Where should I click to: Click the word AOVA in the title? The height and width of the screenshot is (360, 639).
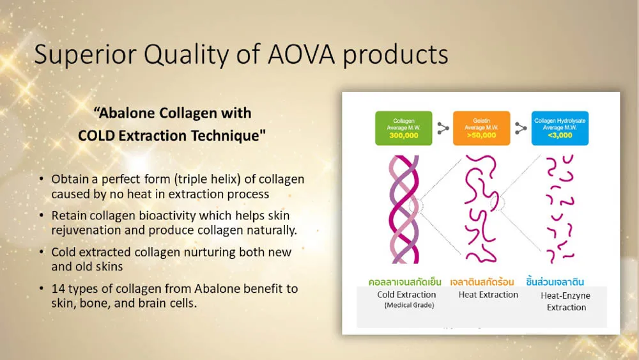pyautogui.click(x=301, y=54)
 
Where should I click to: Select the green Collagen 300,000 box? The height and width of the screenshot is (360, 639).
pyautogui.click(x=403, y=128)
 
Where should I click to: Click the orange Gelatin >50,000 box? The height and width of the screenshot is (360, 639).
pyautogui.click(x=481, y=128)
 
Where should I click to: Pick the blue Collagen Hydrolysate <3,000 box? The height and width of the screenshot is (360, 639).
pyautogui.click(x=560, y=128)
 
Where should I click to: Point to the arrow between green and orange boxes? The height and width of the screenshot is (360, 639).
pyautogui.click(x=443, y=128)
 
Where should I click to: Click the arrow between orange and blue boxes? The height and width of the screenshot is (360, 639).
pyautogui.click(x=520, y=128)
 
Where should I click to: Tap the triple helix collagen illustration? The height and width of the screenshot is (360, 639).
pyautogui.click(x=404, y=209)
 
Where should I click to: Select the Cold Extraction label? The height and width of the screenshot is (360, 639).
pyautogui.click(x=406, y=294)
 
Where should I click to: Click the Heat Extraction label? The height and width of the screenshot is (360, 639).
pyautogui.click(x=488, y=294)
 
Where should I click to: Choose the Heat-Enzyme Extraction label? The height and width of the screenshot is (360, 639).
pyautogui.click(x=566, y=301)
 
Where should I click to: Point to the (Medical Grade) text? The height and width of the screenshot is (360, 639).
pyautogui.click(x=409, y=305)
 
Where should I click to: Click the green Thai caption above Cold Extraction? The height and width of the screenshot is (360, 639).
pyautogui.click(x=404, y=282)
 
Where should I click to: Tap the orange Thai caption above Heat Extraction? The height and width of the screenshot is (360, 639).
pyautogui.click(x=482, y=282)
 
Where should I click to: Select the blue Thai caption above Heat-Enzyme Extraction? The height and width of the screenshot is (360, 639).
pyautogui.click(x=555, y=281)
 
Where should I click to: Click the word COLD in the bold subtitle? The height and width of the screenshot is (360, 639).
pyautogui.click(x=96, y=136)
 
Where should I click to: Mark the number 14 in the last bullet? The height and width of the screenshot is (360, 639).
pyautogui.click(x=58, y=288)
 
